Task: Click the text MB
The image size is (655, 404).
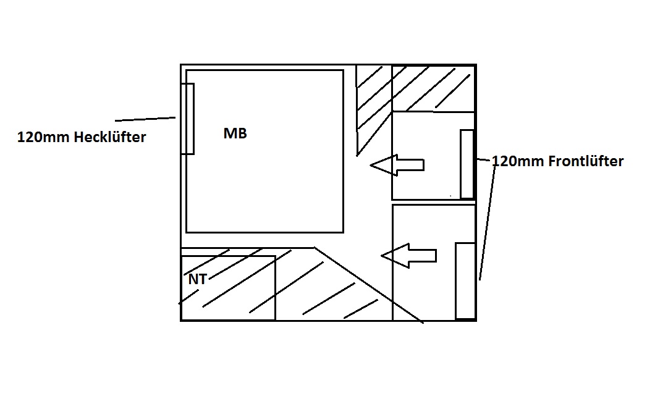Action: coord(235,133)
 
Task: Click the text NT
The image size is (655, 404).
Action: coord(197,279)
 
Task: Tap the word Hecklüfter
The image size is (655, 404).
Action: coord(109,137)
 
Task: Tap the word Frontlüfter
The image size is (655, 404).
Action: coord(586,161)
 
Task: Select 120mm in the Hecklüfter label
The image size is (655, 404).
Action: coord(44,137)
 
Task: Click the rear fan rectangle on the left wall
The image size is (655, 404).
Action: coord(187,118)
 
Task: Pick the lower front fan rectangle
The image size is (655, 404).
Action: coord(465,281)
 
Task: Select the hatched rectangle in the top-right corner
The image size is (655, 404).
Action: coord(433,88)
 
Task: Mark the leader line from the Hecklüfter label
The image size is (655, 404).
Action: coord(145,119)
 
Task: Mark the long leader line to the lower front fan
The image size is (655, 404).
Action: coord(487,222)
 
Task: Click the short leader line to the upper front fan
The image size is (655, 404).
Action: coord(483,160)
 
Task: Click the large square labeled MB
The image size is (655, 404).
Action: coord(264,185)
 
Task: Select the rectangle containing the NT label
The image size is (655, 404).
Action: coord(228,297)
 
